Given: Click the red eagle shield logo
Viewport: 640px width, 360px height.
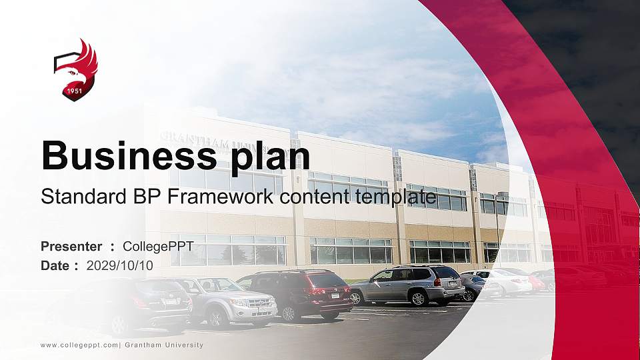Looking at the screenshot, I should (x=75, y=69).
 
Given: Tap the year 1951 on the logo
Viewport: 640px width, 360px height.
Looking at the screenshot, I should (x=75, y=91).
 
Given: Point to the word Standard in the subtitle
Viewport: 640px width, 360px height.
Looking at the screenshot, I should (x=82, y=197).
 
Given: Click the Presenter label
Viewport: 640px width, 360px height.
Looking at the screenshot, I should (x=71, y=247).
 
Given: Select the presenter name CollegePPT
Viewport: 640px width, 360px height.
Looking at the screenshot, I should (x=158, y=247).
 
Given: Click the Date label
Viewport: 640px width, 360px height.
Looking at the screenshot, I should (x=55, y=265).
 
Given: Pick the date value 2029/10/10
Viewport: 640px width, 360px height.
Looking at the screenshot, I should (x=120, y=265).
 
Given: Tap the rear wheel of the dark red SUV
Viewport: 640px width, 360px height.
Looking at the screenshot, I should (x=288, y=313).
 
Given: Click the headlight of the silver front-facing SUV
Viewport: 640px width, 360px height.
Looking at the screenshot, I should (x=238, y=302).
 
